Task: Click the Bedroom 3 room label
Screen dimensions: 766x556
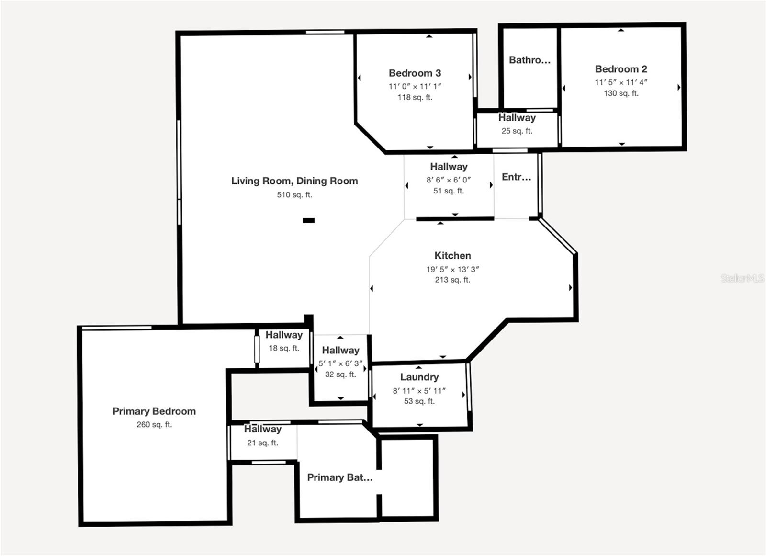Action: (415, 73)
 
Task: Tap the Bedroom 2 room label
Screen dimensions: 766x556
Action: (621, 69)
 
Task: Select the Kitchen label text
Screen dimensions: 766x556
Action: (452, 256)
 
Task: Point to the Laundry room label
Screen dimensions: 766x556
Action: (419, 377)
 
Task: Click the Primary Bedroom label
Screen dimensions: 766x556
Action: (154, 411)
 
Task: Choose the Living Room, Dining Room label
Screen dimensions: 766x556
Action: (294, 181)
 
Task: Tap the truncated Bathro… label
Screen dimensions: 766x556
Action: (529, 60)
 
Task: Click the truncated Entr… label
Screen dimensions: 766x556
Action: (517, 177)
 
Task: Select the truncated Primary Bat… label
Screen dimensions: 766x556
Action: (339, 477)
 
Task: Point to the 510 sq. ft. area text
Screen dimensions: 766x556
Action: (294, 195)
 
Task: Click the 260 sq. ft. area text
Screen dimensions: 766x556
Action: (154, 425)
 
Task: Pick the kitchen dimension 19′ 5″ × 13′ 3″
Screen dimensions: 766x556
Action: (452, 269)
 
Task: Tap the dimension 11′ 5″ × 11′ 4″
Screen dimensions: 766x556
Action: (621, 82)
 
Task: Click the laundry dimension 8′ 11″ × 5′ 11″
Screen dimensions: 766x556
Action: (419, 391)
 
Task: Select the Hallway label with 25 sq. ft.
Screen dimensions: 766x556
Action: (517, 118)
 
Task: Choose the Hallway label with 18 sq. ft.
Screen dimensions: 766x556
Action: (284, 335)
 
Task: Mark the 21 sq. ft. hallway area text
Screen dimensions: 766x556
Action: (263, 443)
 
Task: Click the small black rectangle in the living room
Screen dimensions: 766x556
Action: (308, 221)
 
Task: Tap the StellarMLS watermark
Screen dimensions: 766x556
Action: (743, 278)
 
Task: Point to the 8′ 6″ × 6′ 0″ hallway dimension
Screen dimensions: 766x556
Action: (449, 180)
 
